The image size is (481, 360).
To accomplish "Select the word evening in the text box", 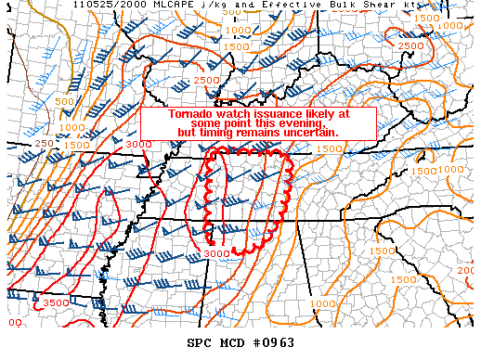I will coord(297,123).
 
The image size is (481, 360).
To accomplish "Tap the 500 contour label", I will coord(65,101).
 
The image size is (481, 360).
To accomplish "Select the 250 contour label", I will coord(44,144).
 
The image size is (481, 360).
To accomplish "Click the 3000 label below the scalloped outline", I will coord(215,253).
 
